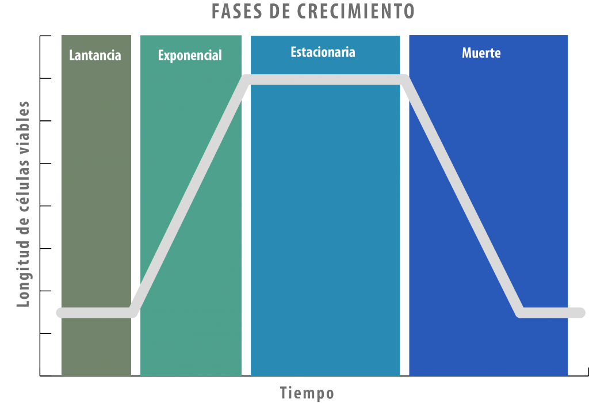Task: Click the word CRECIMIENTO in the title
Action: pyautogui.click(x=355, y=12)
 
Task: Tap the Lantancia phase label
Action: pyautogui.click(x=95, y=55)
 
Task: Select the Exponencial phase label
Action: pyautogui.click(x=190, y=56)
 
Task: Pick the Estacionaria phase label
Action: pyautogui.click(x=323, y=52)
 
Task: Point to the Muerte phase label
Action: pyautogui.click(x=481, y=53)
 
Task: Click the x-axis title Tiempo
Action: pyautogui.click(x=307, y=393)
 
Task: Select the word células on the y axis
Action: pyautogui.click(x=23, y=180)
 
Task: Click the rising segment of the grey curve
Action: pyautogui.click(x=190, y=196)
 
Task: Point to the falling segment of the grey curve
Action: pyautogui.click(x=462, y=196)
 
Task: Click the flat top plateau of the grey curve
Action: pyautogui.click(x=326, y=79)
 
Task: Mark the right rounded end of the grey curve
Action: pyautogui.click(x=581, y=313)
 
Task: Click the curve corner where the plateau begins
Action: pyautogui.click(x=246, y=79)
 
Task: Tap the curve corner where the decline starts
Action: pyautogui.click(x=404, y=79)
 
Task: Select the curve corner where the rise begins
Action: pyautogui.click(x=133, y=313)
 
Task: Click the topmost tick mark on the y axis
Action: pyautogui.click(x=45, y=36)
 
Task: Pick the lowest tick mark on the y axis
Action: pyautogui.click(x=45, y=333)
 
